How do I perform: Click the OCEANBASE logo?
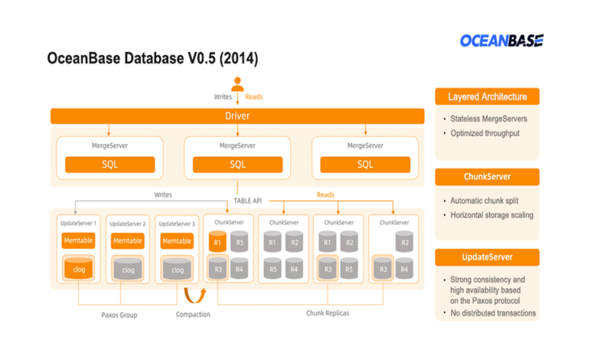[x=501, y=41]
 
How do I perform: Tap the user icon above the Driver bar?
[x=237, y=83]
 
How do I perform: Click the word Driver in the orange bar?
[x=237, y=116]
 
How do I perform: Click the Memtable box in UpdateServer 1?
[x=78, y=241]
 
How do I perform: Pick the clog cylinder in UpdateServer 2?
[x=128, y=269]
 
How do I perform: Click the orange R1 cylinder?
[x=218, y=243]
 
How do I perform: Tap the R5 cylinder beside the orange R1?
[x=240, y=243]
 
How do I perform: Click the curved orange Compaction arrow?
[x=191, y=295]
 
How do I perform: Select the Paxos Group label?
[x=119, y=315]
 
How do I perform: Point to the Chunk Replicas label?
[x=327, y=313]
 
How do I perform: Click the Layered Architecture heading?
[x=487, y=97]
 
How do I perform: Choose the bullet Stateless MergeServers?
[x=490, y=119]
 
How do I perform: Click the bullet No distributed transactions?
[x=493, y=313]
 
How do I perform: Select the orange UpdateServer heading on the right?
[x=487, y=257]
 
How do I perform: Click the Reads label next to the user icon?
[x=254, y=97]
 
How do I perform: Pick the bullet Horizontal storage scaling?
[x=491, y=215]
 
